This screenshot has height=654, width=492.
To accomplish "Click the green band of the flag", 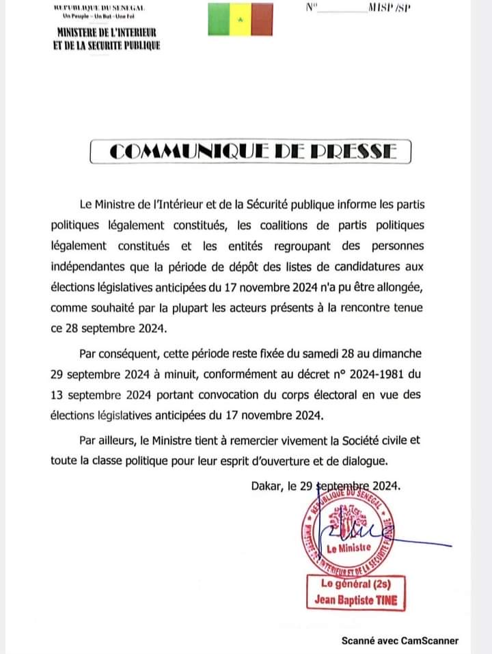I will (219, 18).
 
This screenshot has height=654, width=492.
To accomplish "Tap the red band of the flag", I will (262, 18).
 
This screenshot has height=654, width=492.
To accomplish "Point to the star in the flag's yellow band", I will (240, 19).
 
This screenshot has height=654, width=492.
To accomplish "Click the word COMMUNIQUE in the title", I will (185, 152).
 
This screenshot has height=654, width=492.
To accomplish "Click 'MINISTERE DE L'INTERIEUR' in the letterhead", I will (107, 33).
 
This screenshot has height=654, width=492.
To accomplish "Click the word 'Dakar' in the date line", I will (266, 487).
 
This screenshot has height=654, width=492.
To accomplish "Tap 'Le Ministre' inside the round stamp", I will (349, 548).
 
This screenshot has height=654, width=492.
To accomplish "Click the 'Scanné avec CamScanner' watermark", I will (400, 640).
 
